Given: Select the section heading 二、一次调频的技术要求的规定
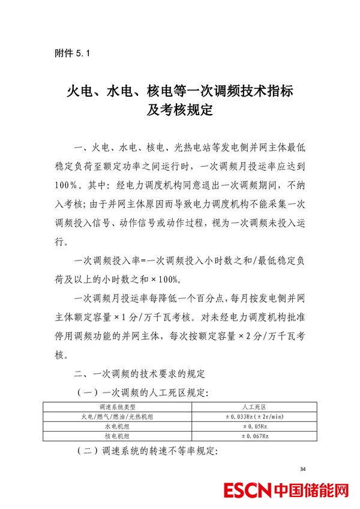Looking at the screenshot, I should (139, 375).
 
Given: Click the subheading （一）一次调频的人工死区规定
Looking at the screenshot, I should (143, 393).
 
